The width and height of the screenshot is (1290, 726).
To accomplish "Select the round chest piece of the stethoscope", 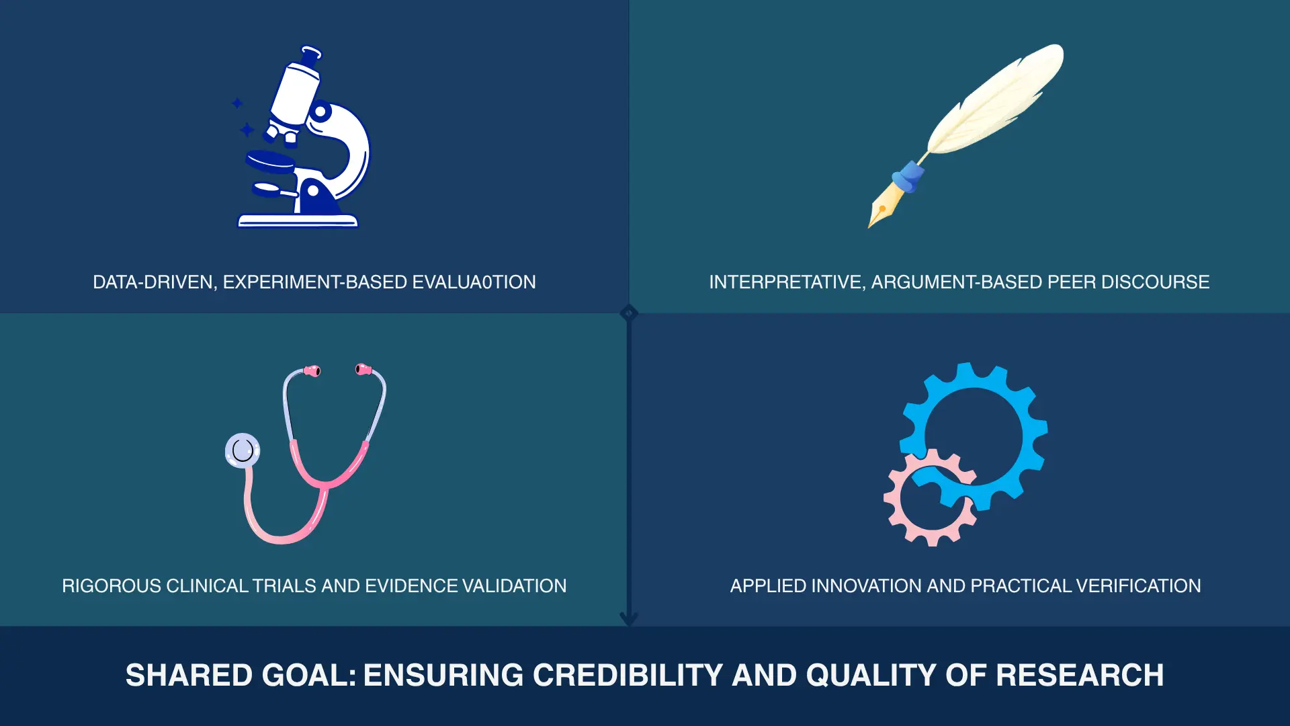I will (x=243, y=450).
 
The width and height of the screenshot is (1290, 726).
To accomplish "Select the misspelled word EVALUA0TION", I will (x=474, y=282).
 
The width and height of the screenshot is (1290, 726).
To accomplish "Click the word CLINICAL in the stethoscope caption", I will (x=208, y=586).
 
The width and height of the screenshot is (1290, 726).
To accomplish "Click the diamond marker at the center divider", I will (x=629, y=313).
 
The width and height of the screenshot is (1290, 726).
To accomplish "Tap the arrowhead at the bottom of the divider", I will (x=629, y=619).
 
